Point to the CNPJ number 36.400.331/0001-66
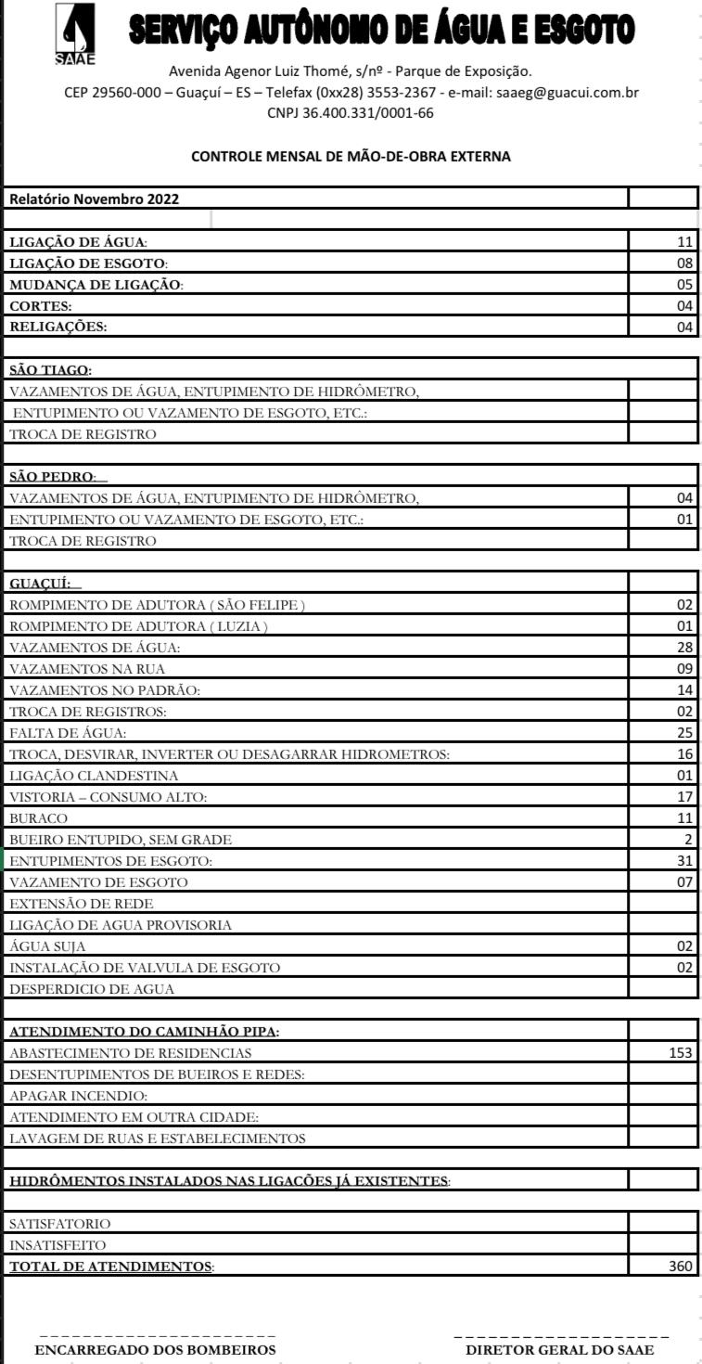351,114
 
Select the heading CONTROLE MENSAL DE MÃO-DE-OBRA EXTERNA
351,157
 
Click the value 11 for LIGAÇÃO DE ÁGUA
685,242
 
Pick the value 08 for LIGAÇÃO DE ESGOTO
685,263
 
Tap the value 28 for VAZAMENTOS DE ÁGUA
685,647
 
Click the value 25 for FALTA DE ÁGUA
685,733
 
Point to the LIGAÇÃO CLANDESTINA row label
94,776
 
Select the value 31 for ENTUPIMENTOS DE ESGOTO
685,861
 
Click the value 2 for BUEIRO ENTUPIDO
689,840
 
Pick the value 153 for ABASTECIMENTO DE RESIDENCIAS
681,1053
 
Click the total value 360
681,1266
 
